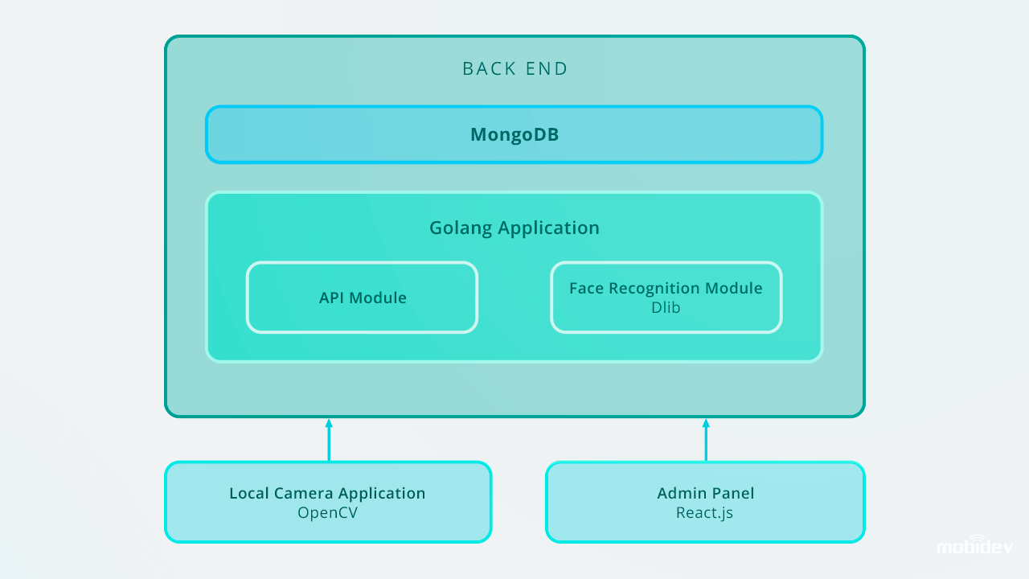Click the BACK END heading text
(x=515, y=69)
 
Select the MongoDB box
(x=514, y=134)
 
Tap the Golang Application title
(x=514, y=228)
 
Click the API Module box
(x=362, y=298)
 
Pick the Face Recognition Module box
(x=666, y=298)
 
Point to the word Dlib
(x=666, y=307)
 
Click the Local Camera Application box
(x=328, y=502)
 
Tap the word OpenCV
(x=327, y=512)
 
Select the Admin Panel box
(x=705, y=502)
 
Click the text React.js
(x=705, y=512)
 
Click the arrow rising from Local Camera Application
(x=329, y=440)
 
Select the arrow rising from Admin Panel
(x=706, y=440)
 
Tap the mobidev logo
(x=975, y=545)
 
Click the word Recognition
(x=657, y=289)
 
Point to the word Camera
(x=304, y=493)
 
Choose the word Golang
(x=461, y=228)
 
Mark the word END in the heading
(x=547, y=69)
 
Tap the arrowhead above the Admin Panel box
(x=706, y=423)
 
